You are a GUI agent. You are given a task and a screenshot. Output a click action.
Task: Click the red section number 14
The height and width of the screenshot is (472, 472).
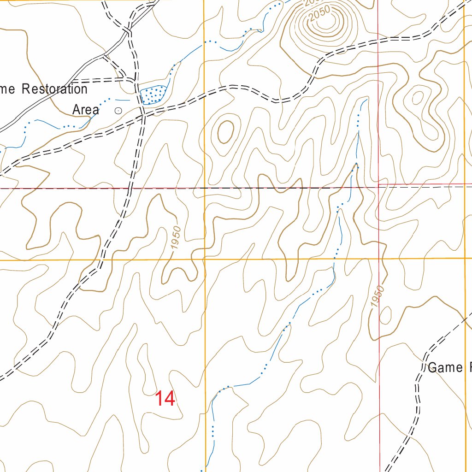click(x=165, y=399)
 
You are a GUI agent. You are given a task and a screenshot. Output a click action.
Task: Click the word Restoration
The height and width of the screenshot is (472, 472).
click(x=54, y=89)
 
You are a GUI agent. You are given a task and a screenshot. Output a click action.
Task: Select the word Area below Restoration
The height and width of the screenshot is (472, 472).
click(x=86, y=110)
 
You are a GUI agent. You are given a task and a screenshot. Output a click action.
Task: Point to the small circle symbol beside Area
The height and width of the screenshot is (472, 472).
click(x=118, y=110)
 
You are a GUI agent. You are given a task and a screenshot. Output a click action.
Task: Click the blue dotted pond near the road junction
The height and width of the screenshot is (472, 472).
click(x=153, y=94)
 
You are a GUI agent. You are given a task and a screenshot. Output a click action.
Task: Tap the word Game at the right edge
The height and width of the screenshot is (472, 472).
click(x=445, y=367)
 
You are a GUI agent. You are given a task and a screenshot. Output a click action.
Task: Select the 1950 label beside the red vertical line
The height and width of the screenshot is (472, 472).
click(x=377, y=296)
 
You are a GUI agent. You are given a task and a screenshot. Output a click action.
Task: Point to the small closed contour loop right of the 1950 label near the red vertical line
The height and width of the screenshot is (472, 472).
click(x=385, y=316)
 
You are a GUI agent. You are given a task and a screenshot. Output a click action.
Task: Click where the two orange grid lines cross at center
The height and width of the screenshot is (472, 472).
click(x=205, y=260)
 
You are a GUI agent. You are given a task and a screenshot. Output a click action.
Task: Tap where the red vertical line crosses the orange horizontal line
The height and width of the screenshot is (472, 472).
click(x=379, y=259)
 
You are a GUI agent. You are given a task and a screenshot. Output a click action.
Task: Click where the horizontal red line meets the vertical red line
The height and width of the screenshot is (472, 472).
click(x=378, y=186)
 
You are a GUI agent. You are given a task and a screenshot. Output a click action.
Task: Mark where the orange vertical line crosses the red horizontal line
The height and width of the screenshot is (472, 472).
click(x=205, y=189)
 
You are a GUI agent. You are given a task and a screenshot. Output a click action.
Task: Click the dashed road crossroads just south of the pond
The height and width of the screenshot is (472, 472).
click(x=142, y=110)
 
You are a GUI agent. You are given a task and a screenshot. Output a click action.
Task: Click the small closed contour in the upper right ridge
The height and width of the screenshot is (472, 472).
click(x=418, y=98)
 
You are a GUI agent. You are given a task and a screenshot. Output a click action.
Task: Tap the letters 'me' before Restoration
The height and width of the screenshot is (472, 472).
click(x=8, y=89)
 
